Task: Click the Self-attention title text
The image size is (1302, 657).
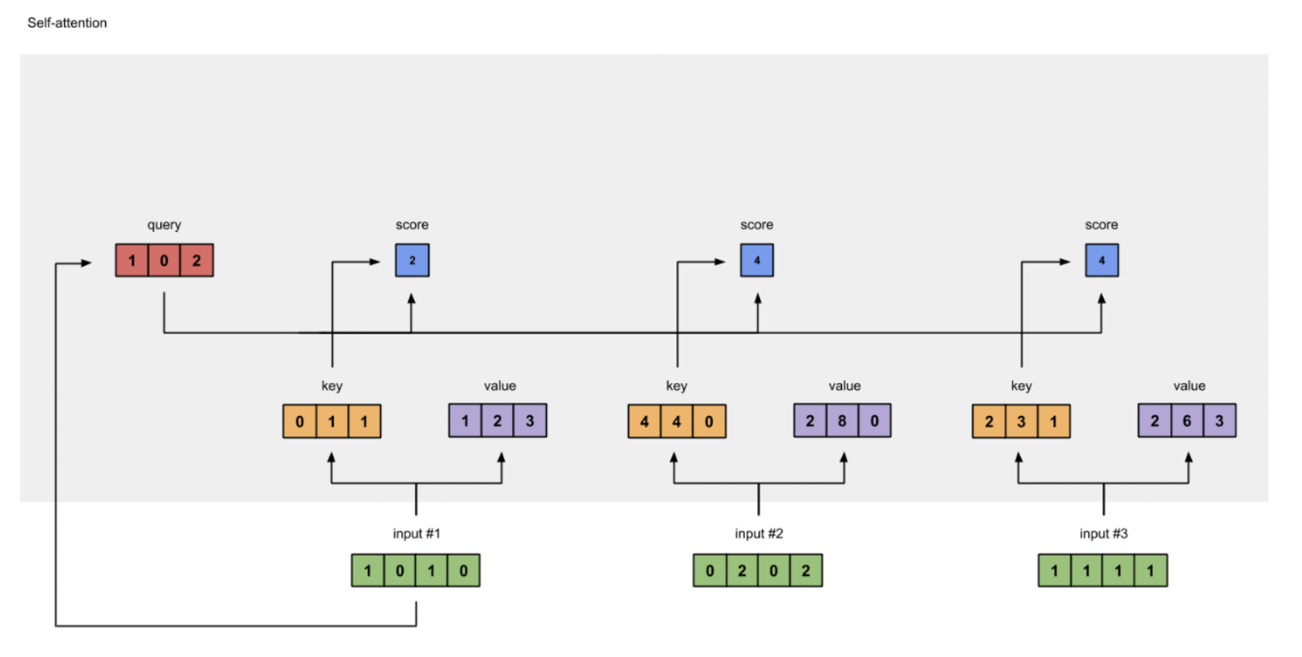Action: pos(67,23)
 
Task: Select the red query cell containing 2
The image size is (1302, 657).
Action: pos(197,260)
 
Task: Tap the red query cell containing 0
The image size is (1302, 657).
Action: pos(164,260)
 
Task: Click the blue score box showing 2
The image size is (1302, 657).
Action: pos(412,260)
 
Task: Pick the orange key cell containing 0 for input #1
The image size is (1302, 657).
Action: pos(299,421)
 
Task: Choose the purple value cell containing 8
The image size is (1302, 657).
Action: pos(842,421)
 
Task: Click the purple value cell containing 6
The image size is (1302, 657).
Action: pos(1187,421)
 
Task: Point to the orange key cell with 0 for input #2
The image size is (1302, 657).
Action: pos(709,421)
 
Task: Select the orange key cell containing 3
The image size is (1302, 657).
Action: pos(1021,421)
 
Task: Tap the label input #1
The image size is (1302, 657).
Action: pos(416,534)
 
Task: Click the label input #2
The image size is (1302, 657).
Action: pos(759,534)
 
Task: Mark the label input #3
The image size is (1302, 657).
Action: pos(1104,534)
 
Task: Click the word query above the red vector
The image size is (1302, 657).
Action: pos(164,225)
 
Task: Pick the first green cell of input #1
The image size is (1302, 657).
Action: pos(367,571)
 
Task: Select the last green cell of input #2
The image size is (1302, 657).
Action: pos(806,571)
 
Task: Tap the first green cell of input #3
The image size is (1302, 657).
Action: pos(1054,571)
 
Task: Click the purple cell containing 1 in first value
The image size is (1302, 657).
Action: pos(465,421)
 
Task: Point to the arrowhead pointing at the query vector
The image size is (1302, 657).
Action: pos(87,263)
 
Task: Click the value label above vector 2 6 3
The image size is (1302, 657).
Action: pos(1189,386)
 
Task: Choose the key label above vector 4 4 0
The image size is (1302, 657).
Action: pos(677,386)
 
